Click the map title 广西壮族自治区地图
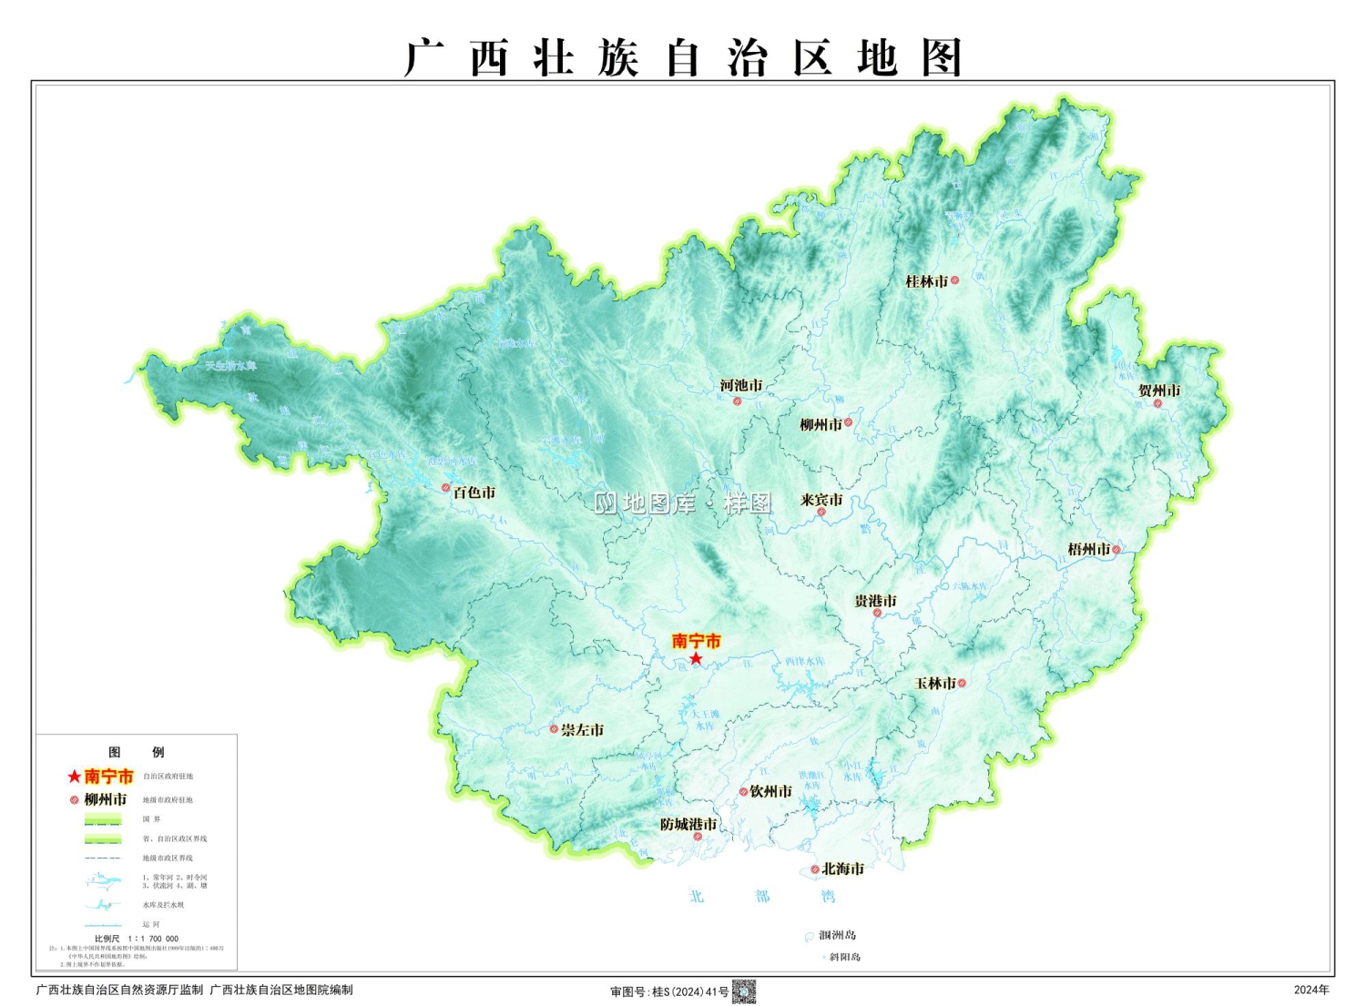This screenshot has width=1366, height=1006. pos(683,57)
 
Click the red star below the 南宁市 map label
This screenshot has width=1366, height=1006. pos(696,658)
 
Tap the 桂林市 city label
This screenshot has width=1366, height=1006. pos(926,281)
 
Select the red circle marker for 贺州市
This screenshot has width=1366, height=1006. pos(1158,403)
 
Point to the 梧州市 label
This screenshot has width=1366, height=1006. pos(1088,549)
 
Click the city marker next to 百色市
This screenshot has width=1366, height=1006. pos(446,488)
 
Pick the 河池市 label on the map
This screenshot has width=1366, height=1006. pos(741,385)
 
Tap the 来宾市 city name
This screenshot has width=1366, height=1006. pos(821,500)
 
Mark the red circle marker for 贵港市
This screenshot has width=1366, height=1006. pos(877,614)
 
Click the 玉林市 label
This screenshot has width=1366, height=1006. pos(935,683)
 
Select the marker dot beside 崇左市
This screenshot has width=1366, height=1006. pos(554,729)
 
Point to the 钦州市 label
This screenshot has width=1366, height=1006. pos(770,791)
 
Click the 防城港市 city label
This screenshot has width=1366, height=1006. pos(688,824)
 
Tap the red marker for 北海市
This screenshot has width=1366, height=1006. pos(815,869)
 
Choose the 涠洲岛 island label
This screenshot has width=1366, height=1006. pos(837,935)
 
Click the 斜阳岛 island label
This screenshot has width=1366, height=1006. pos(844,957)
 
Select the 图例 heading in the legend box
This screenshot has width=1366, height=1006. pos(137,752)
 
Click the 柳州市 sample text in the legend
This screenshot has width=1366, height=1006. pos(106,799)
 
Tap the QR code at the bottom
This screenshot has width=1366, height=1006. pos(744,991)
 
